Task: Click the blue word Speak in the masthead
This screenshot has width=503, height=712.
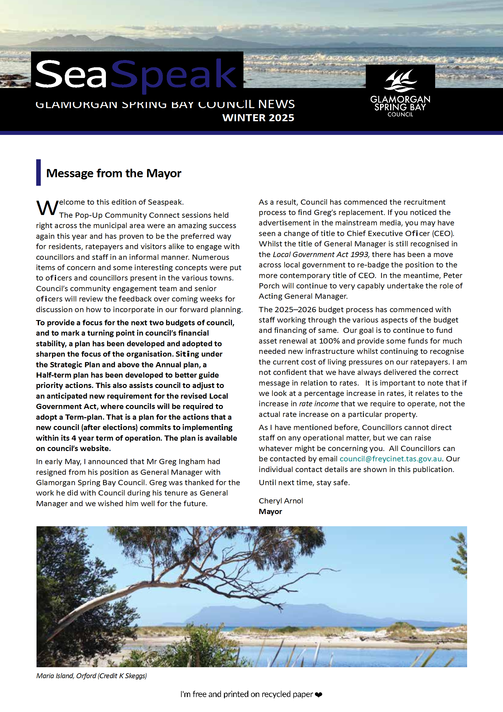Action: pos(173,74)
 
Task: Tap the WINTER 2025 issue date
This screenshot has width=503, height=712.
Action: pos(258,118)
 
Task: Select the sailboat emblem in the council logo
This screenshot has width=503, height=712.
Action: pos(400,81)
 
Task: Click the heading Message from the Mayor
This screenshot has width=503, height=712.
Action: pos(114,173)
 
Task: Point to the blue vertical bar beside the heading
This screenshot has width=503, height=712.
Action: pos(38,172)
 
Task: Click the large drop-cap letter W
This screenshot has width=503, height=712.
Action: pos(47,208)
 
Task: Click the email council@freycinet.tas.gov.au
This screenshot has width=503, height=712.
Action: pos(391,459)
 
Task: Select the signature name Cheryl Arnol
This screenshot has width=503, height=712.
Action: pos(281,501)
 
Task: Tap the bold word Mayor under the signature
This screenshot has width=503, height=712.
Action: pos(270,511)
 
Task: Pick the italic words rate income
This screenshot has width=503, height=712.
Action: pos(319,404)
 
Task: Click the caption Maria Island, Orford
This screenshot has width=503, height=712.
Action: pos(66,676)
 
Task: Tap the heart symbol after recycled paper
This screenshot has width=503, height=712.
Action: pos(319,695)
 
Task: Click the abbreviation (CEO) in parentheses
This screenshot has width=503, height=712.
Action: pos(443,233)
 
